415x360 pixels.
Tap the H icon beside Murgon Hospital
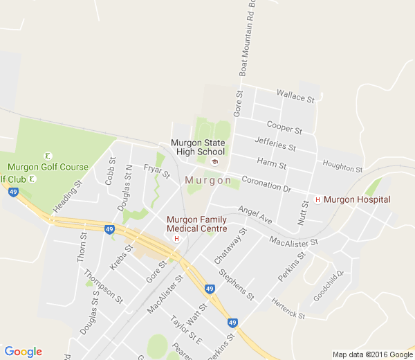pyautogui.click(x=317, y=200)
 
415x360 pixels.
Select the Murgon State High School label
pyautogui.click(x=199, y=147)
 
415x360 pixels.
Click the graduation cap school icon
pyautogui.click(x=214, y=162)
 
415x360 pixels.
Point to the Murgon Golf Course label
pyautogui.click(x=48, y=167)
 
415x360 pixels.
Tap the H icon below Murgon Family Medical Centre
pyautogui.click(x=176, y=239)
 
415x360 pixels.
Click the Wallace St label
pyautogui.click(x=295, y=96)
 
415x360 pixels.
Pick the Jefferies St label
pyautogui.click(x=275, y=143)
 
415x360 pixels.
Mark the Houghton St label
pyautogui.click(x=342, y=165)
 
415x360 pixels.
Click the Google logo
pyautogui.click(x=23, y=352)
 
